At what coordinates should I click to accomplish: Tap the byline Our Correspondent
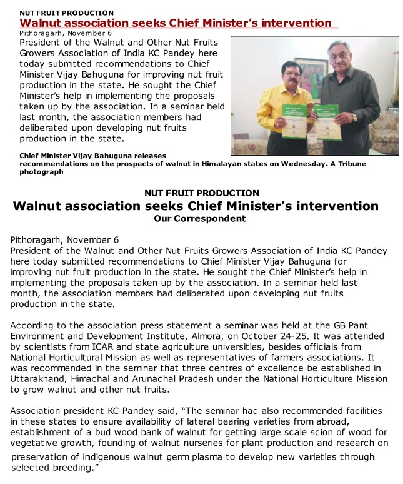(x=199, y=219)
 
